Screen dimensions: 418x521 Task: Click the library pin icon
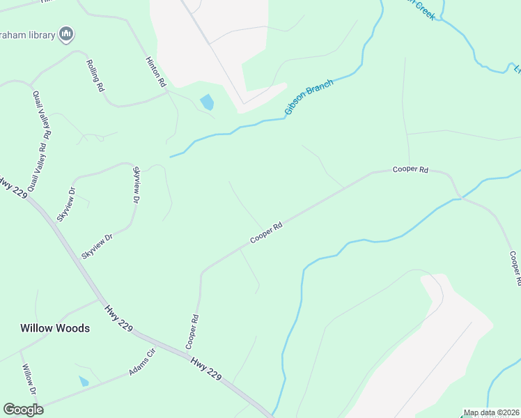(67, 33)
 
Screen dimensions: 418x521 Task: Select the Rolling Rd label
(95, 77)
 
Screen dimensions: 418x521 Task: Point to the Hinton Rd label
(157, 72)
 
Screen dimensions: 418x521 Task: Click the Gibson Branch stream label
(309, 98)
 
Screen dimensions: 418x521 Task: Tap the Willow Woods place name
(55, 327)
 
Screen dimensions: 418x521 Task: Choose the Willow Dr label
(29, 380)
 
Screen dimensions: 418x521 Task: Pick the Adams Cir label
(141, 362)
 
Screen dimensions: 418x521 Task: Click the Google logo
(23, 409)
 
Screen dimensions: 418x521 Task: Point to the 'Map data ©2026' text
(490, 413)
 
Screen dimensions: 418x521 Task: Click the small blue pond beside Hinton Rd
(207, 103)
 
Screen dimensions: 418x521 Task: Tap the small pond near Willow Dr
(84, 381)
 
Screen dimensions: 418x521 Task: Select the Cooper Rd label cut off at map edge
(515, 268)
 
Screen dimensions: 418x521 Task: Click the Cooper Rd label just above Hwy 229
(193, 332)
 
